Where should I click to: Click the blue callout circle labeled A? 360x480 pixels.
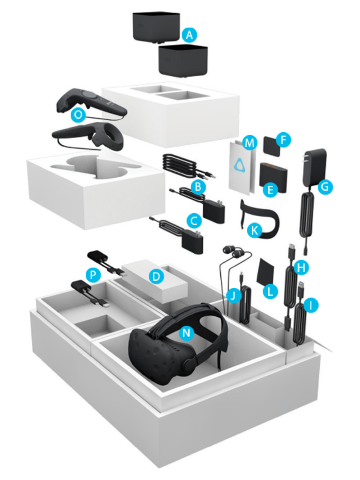point(189,35)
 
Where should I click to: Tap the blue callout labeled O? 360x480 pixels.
point(78,115)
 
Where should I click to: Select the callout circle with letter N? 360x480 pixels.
point(186,332)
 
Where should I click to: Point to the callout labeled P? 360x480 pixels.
point(93,275)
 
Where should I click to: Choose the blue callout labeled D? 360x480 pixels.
point(156,276)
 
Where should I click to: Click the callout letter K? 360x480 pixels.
point(255,230)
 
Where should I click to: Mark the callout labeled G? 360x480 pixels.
point(325,187)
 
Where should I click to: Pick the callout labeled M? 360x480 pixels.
point(249,143)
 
